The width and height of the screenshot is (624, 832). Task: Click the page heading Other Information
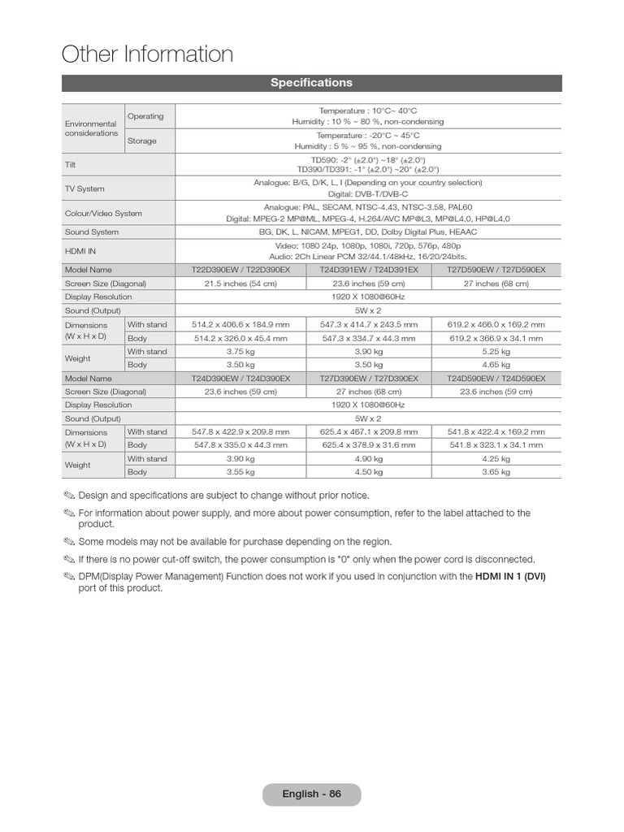(x=147, y=54)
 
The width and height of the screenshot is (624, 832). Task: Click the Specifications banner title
(x=311, y=83)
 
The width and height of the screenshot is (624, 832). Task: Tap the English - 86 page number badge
(x=311, y=794)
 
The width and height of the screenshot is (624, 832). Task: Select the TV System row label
(x=84, y=188)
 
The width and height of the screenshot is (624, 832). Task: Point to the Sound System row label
(x=92, y=232)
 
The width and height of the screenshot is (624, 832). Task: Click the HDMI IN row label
(x=80, y=251)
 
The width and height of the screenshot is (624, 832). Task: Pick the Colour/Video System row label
(x=103, y=213)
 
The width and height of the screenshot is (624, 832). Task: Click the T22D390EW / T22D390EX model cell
(x=240, y=270)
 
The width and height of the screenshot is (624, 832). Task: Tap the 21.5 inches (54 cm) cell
(x=240, y=284)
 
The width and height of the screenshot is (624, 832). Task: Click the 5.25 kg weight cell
(x=496, y=352)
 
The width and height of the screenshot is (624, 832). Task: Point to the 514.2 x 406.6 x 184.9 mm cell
(x=240, y=324)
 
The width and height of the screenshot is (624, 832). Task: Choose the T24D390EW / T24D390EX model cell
(x=240, y=379)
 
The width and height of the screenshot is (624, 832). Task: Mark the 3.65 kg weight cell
(x=496, y=471)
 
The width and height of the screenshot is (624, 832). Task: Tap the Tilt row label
(x=70, y=164)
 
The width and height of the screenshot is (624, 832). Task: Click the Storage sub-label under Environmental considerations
(x=141, y=141)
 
